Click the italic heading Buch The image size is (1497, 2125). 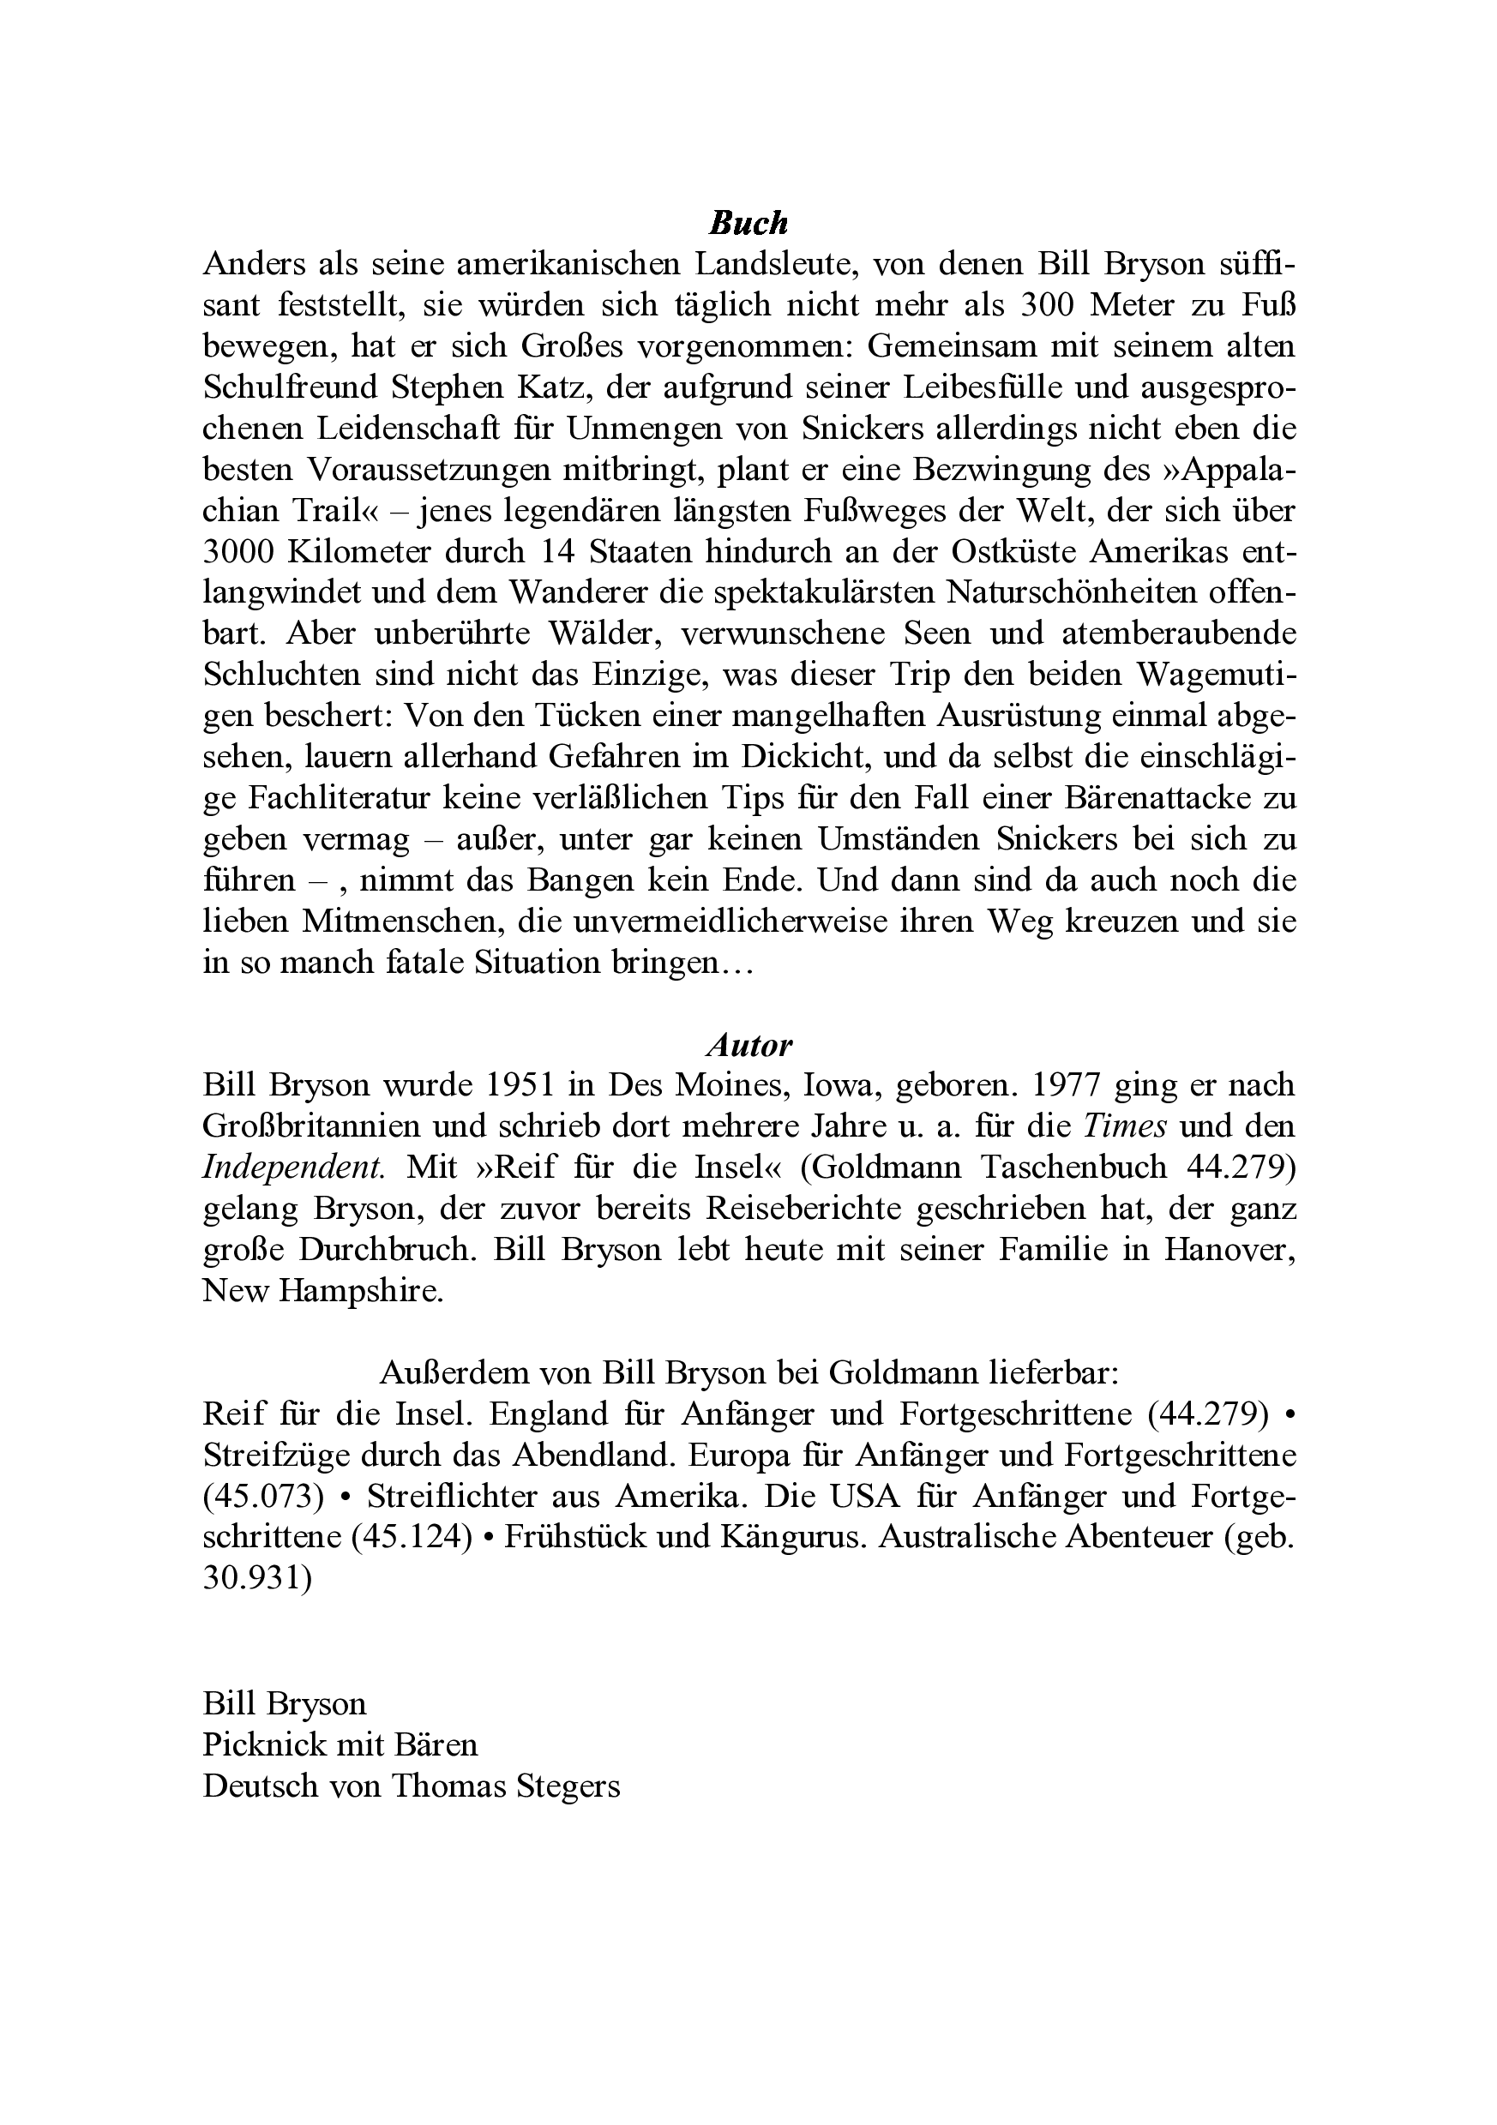[x=748, y=223]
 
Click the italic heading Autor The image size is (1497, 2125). [x=748, y=1045]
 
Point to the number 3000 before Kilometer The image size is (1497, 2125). [x=240, y=552]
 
